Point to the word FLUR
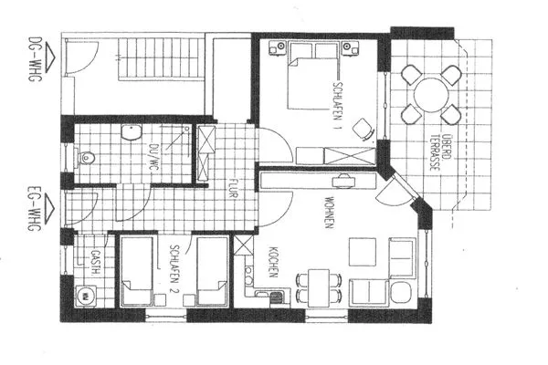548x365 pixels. (x=234, y=187)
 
